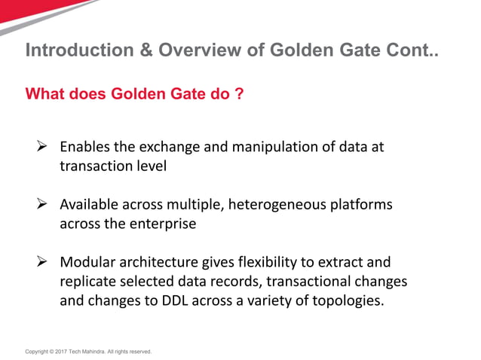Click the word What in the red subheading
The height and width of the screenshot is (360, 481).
click(45, 95)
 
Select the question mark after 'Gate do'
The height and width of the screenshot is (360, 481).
click(239, 95)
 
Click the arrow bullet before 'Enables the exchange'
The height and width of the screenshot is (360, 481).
click(43, 146)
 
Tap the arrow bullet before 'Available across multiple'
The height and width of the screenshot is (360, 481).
click(43, 204)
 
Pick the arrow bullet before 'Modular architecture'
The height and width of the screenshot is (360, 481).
click(43, 262)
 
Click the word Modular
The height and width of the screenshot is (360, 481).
click(87, 262)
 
